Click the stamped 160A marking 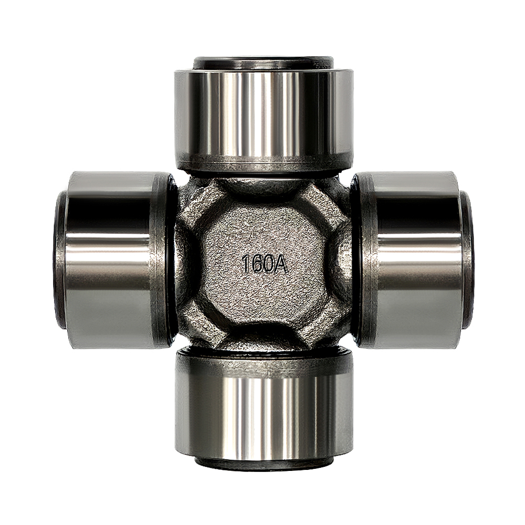tap(265, 265)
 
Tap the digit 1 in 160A tap(245, 265)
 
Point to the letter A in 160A tap(281, 265)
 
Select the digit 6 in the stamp tap(256, 265)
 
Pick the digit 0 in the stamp tap(268, 265)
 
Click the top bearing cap tap(262, 114)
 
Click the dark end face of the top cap tap(262, 62)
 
